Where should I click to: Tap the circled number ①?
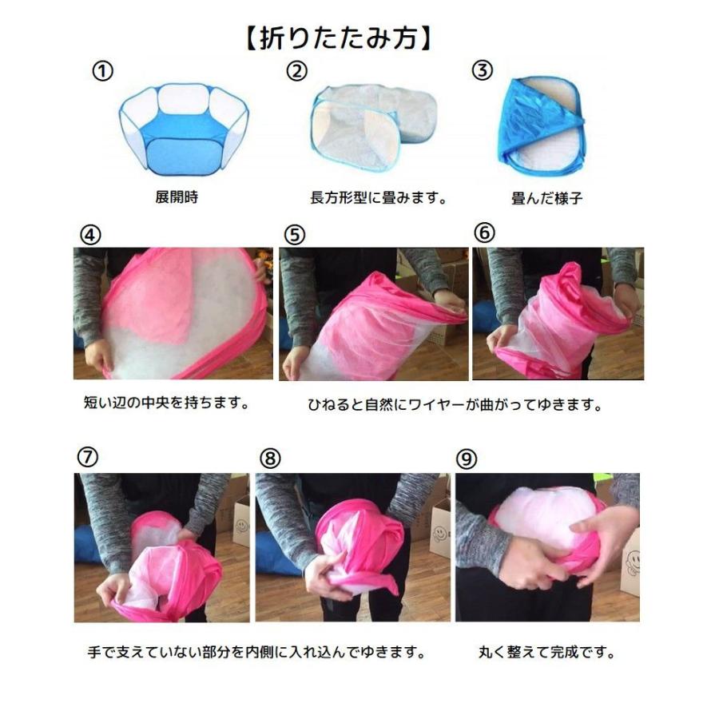102,71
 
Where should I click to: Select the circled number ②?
296,71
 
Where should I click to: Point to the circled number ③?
482,71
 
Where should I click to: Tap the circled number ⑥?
484,232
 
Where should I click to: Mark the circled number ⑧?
272,459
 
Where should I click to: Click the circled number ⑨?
467,459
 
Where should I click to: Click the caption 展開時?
176,197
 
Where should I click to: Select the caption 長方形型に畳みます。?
378,197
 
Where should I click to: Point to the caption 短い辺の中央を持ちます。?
166,403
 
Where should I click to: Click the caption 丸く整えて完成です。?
547,653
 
